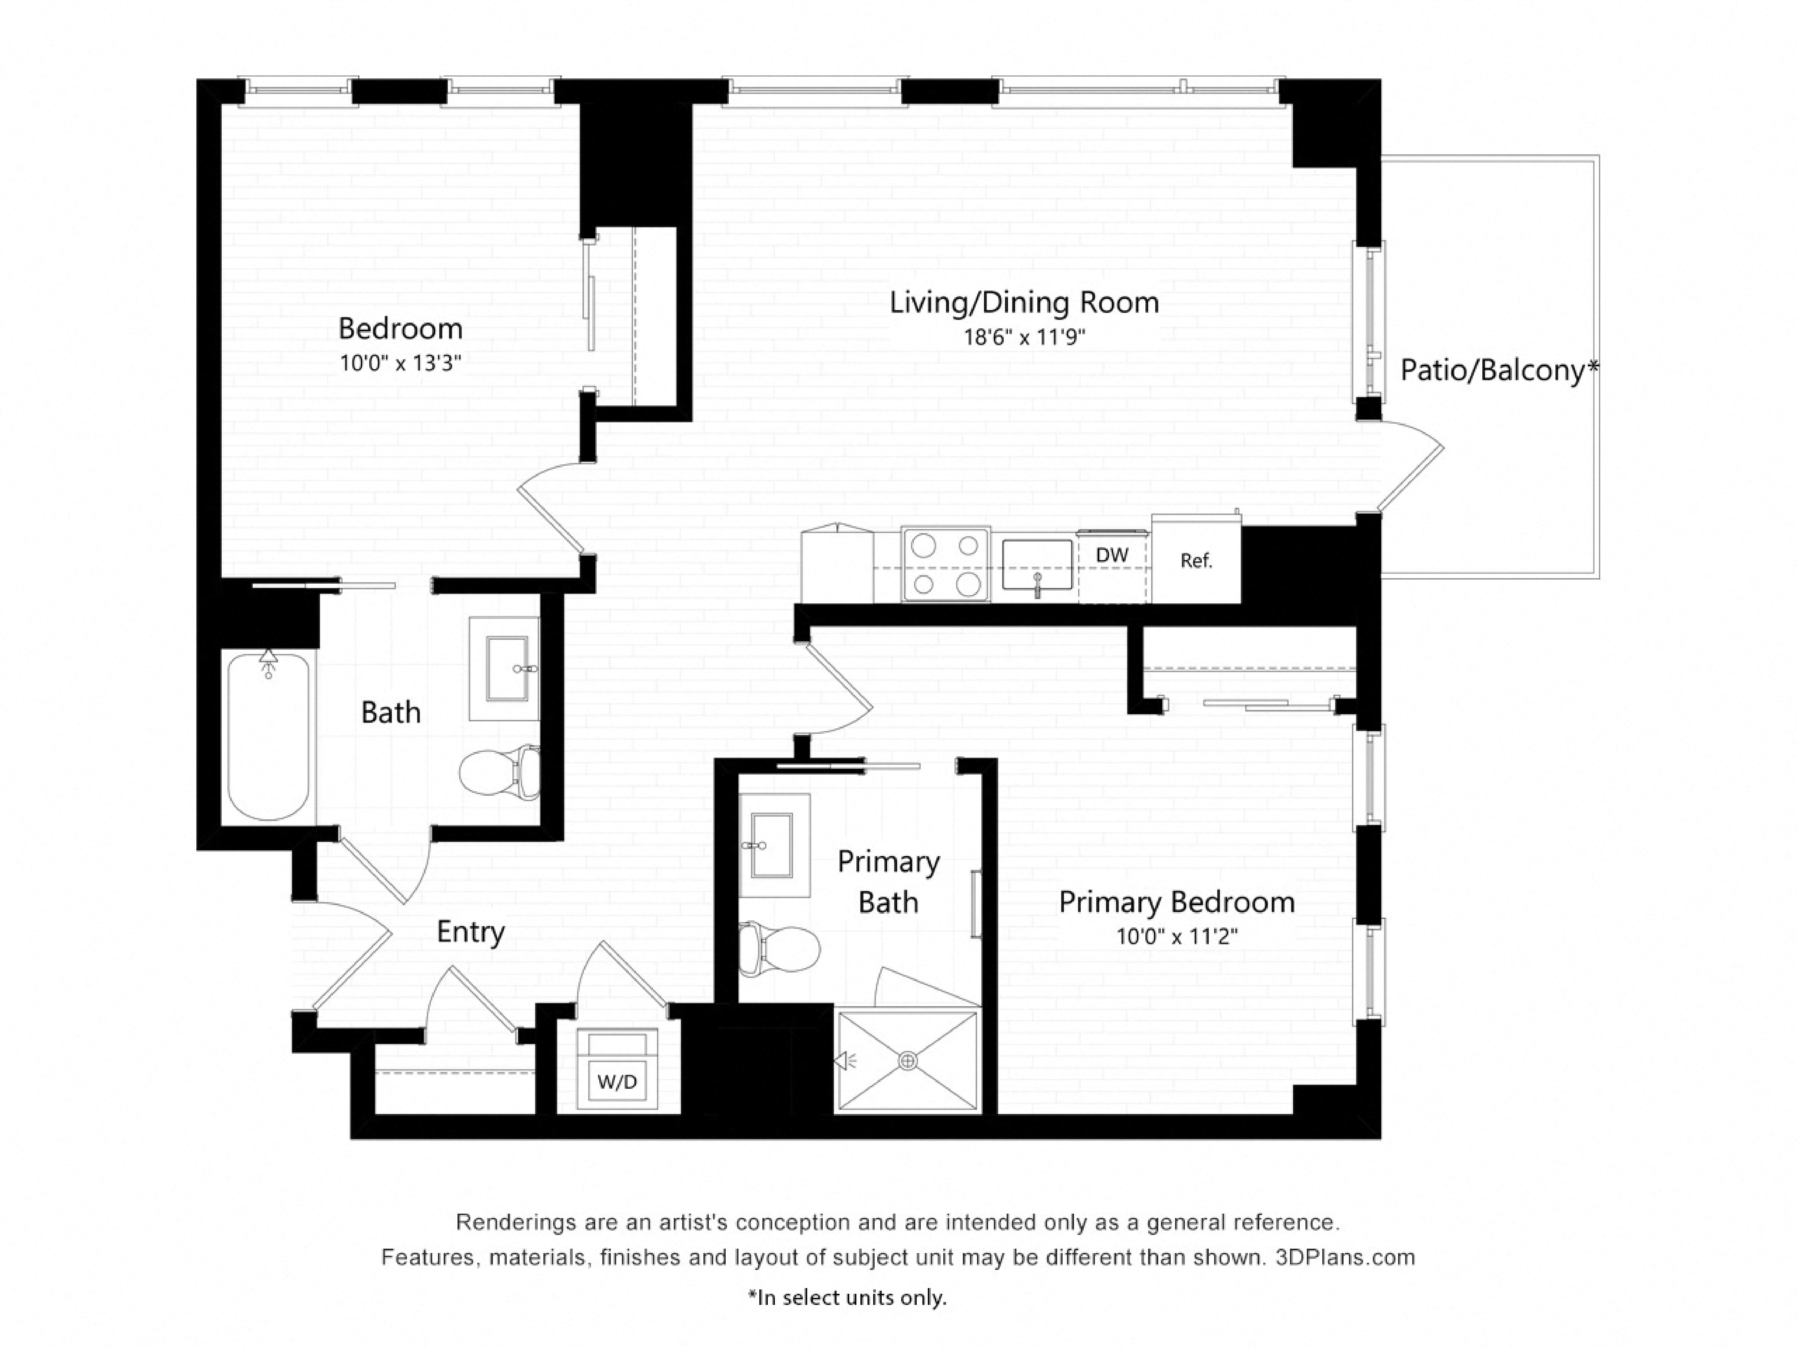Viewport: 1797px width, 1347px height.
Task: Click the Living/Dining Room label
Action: tap(1023, 303)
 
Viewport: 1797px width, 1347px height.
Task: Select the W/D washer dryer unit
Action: tap(618, 1070)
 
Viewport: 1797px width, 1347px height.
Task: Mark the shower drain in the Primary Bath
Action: tap(908, 1060)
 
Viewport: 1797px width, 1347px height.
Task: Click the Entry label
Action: tap(470, 932)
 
